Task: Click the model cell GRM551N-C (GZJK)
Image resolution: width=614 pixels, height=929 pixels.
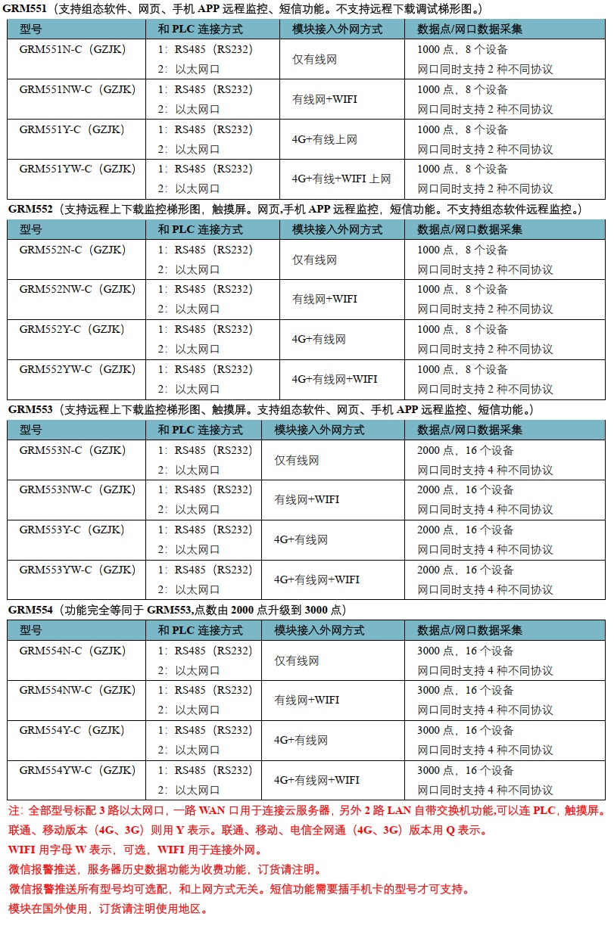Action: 72,49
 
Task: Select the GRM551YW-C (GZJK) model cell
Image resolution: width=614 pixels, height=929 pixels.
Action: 72,169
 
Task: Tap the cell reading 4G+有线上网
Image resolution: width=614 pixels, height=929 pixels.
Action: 324,139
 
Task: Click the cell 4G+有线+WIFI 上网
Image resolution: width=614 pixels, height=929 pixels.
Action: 341,179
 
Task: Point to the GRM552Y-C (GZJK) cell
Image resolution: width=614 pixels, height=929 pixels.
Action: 72,329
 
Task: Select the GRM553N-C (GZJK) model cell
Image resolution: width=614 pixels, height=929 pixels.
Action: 72,450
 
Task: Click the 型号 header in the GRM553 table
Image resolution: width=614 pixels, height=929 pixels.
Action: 31,430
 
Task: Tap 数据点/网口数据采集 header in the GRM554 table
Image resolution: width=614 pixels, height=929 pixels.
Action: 469,630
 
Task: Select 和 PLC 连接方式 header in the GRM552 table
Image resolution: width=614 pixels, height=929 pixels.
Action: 200,229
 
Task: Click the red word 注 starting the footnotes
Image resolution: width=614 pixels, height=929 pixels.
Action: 14,810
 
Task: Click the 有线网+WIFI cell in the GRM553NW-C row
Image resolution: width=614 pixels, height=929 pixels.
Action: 307,499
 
